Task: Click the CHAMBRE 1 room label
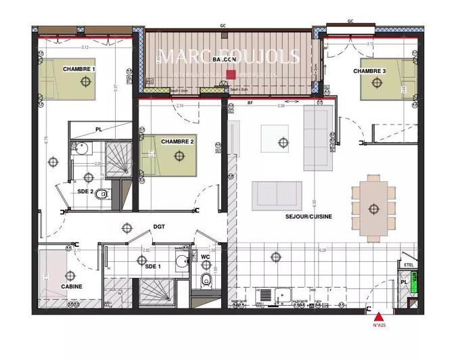[79, 69]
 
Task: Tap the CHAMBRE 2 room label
[178, 141]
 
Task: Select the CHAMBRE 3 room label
[369, 71]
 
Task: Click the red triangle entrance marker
[379, 315]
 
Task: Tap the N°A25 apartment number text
[379, 325]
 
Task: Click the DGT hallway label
[159, 227]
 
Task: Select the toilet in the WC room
[207, 279]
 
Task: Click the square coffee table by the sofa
[275, 139]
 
